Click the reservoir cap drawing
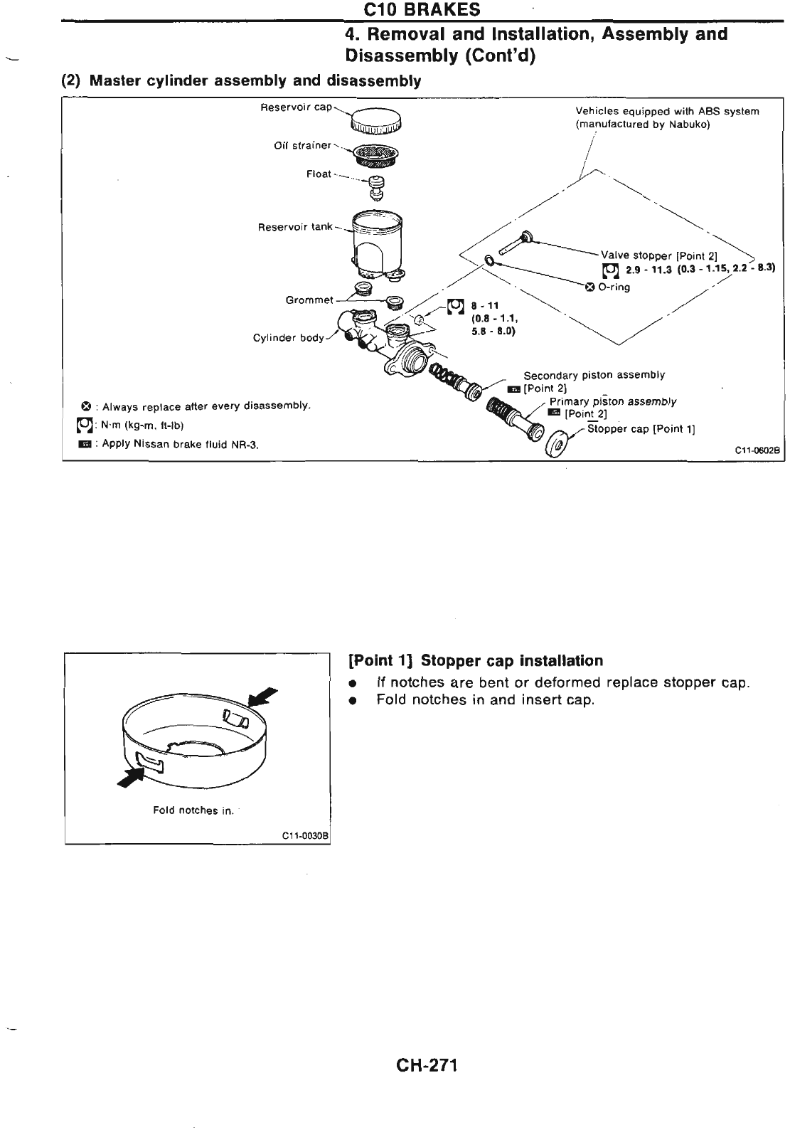coord(377,120)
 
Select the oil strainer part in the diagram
coord(377,152)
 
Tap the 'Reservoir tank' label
coord(295,227)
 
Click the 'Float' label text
coord(319,174)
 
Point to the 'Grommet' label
coord(309,300)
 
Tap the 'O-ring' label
coord(614,287)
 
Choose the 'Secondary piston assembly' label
coord(594,375)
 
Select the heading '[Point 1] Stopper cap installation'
coord(476,660)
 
